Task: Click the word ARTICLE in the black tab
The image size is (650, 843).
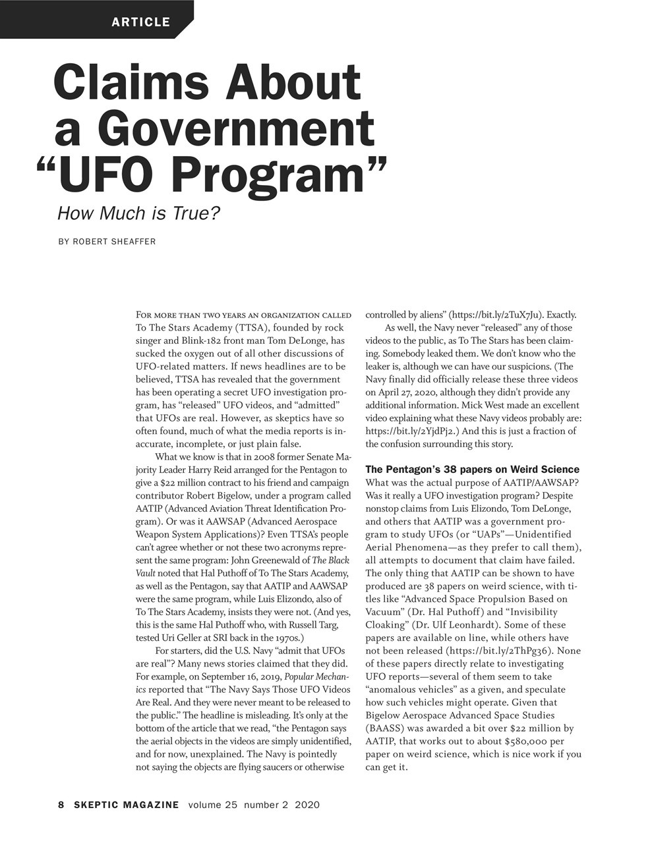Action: [x=140, y=22]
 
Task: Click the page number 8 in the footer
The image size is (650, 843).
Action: [x=61, y=805]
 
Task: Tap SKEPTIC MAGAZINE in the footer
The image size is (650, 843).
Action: [x=127, y=805]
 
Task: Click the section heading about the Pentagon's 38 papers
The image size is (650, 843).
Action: [x=472, y=470]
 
